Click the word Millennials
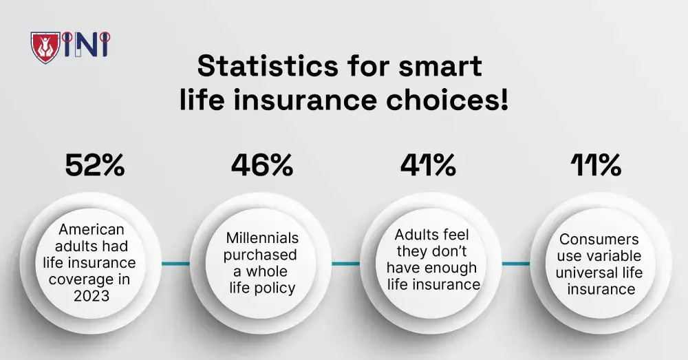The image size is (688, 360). click(x=262, y=237)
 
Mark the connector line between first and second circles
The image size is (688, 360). click(x=175, y=264)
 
